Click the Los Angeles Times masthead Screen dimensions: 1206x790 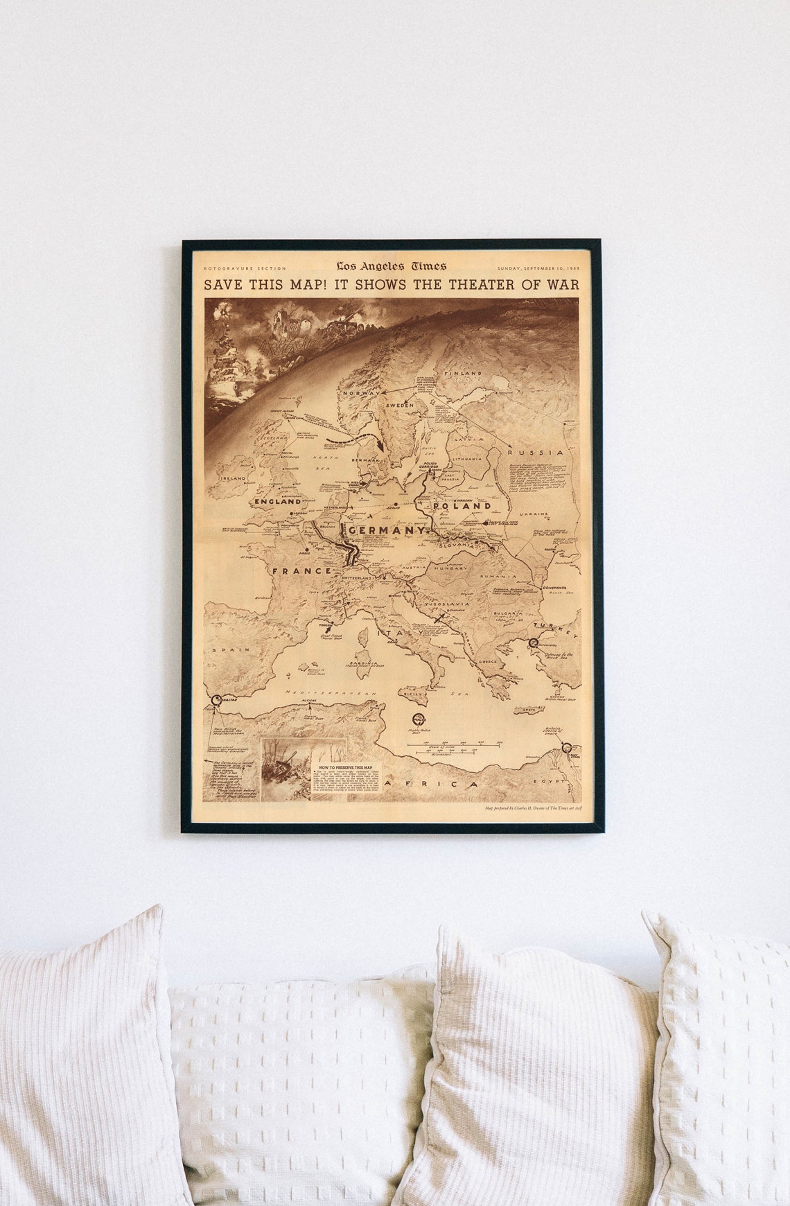392,266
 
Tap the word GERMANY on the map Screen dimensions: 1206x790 387,530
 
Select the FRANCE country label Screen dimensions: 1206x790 302,570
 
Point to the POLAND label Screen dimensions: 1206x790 462,506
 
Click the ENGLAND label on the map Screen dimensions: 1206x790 278,501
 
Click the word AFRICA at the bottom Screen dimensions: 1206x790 432,784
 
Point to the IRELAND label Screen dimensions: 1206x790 233,478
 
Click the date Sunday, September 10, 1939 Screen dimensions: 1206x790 538,268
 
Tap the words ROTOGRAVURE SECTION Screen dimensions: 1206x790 245,268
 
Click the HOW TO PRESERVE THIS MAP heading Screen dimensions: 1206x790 345,767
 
